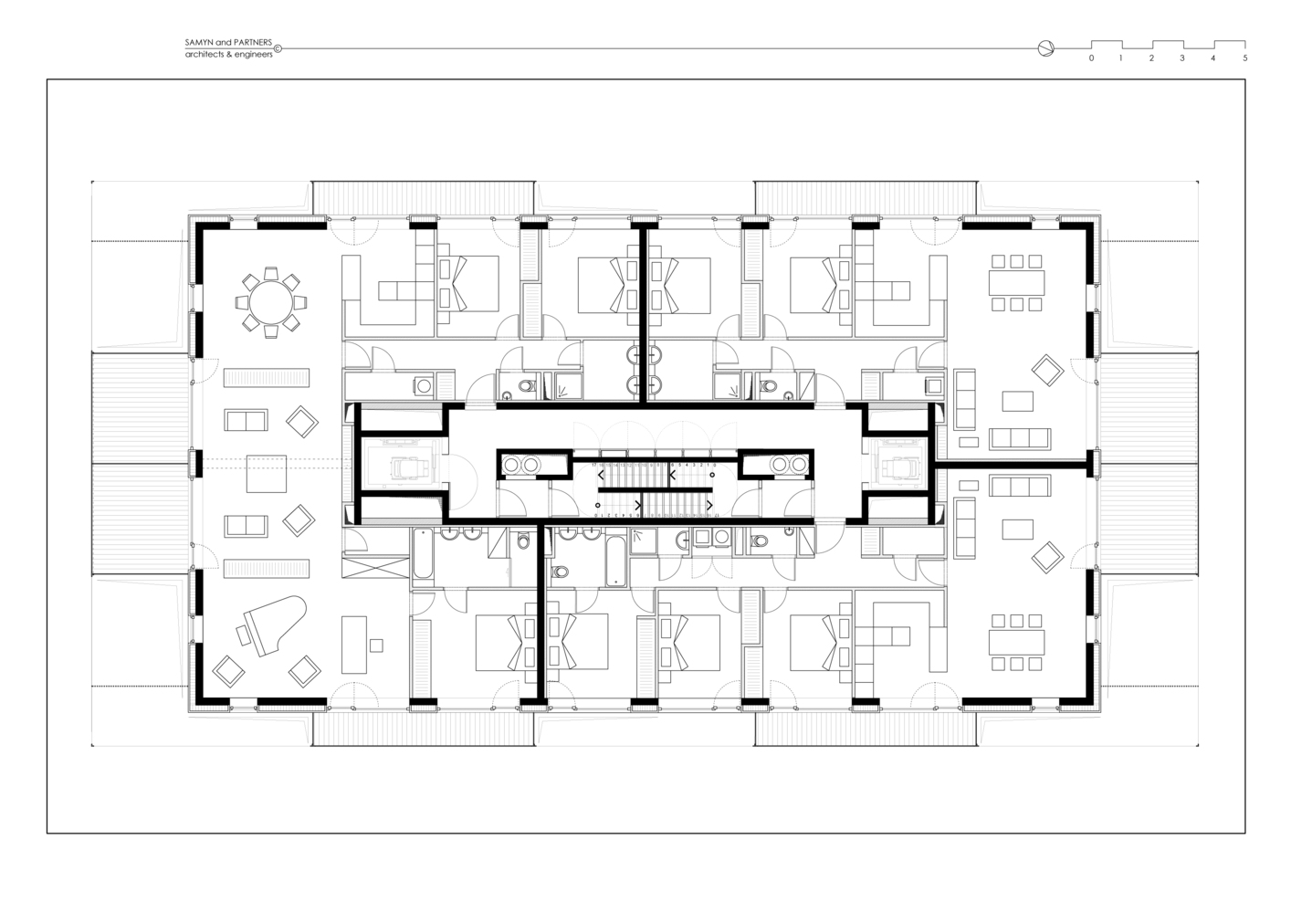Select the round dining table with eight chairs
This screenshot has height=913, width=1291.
(x=269, y=300)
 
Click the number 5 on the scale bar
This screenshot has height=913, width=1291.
(x=1244, y=58)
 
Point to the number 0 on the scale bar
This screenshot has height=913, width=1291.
(x=1091, y=58)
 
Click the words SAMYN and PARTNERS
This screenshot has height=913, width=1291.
(x=228, y=43)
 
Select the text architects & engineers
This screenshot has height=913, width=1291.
(x=228, y=54)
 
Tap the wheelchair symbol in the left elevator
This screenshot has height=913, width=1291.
(x=403, y=467)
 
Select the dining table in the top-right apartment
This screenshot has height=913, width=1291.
(x=1016, y=283)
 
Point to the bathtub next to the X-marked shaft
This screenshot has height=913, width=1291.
(x=423, y=555)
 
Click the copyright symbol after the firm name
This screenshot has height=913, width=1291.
(x=278, y=49)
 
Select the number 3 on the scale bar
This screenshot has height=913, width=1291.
(x=1182, y=58)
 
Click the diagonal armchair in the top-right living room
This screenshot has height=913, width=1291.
(x=1047, y=370)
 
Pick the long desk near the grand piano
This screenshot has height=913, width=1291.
(x=353, y=645)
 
